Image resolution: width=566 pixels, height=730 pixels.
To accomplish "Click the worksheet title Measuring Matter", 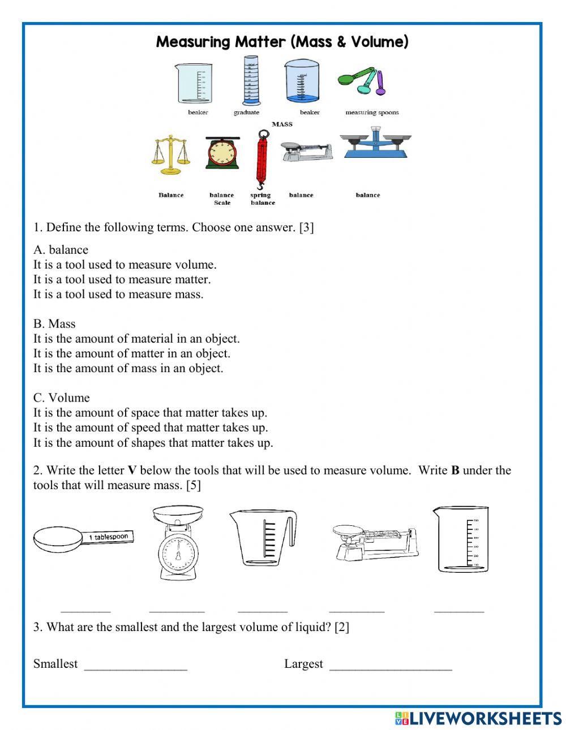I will point(282,42).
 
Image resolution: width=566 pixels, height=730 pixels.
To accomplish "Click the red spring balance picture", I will point(261,161).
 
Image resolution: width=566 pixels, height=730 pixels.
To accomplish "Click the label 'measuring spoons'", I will point(372,113).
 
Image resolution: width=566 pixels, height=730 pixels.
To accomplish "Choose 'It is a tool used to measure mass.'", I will point(118,294).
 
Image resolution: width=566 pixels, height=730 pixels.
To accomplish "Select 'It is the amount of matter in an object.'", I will point(131,353).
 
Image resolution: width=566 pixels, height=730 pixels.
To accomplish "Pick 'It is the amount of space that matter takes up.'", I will point(150,413).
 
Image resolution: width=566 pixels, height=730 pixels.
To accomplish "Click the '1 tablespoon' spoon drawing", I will point(83,538).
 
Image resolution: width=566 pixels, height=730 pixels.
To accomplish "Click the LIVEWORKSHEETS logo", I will point(478,718).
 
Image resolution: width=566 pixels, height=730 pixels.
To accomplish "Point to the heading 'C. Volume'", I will point(61,398).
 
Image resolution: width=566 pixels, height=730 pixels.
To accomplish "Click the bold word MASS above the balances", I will point(282,124).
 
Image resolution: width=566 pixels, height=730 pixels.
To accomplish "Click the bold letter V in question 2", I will point(132,470).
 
